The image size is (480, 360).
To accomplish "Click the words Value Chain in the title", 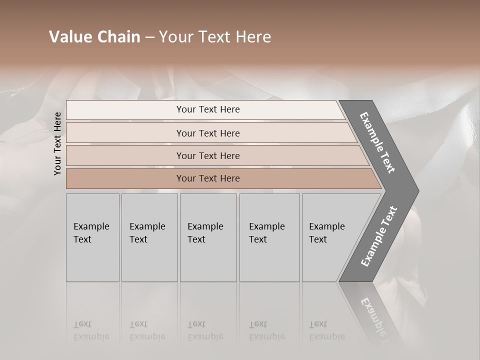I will (94, 37).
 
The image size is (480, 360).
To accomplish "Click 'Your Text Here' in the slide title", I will (215, 37).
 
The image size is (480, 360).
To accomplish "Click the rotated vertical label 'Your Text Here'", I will (57, 143).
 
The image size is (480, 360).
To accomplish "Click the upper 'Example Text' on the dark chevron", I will (377, 142).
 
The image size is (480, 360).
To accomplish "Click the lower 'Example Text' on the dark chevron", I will (379, 236).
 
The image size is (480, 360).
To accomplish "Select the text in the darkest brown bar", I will (208, 178).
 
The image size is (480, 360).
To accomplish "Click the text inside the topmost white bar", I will (208, 109).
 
